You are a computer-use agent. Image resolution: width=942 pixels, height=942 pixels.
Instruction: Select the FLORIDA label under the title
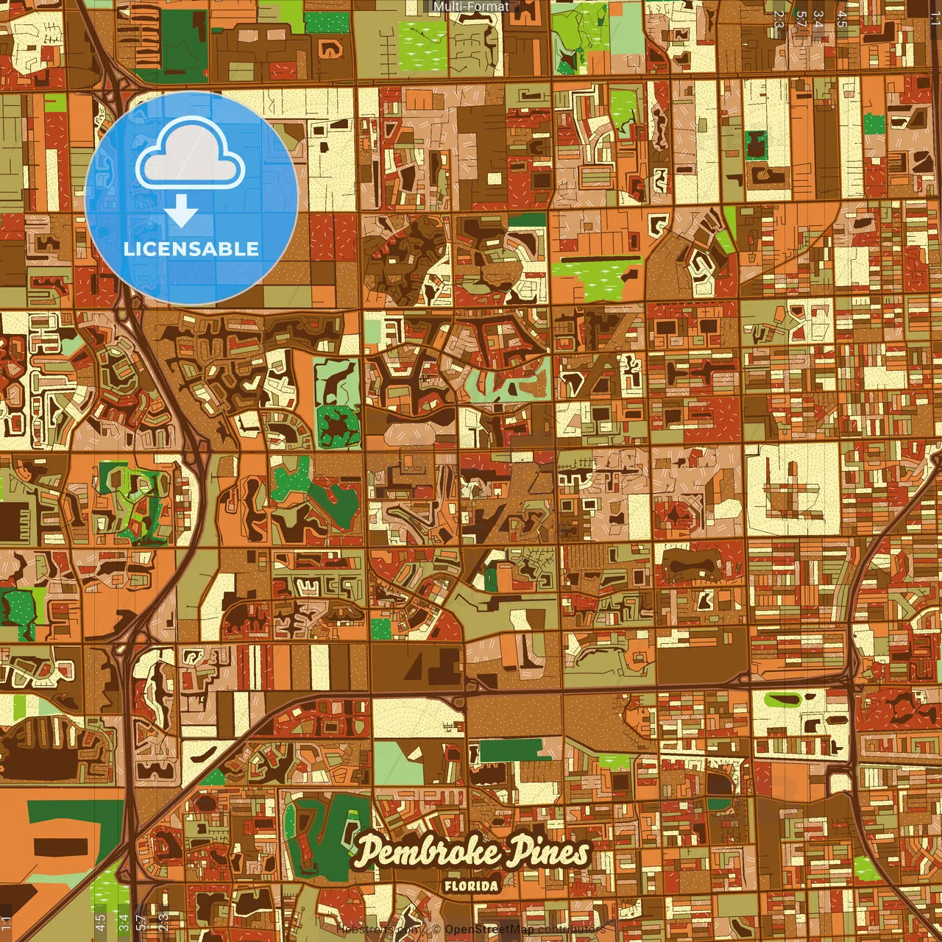pos(471,885)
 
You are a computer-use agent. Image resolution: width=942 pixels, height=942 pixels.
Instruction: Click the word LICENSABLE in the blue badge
pos(191,249)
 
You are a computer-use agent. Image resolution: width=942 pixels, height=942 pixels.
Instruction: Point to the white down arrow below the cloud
pos(181,214)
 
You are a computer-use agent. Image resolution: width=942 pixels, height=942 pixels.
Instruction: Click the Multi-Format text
pos(471,7)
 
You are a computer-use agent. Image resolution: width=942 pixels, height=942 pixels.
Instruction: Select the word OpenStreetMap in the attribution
pos(489,930)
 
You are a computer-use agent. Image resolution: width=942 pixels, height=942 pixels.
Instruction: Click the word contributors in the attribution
pos(570,930)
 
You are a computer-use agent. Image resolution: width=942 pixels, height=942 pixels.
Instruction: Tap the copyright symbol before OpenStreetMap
pos(437,930)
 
